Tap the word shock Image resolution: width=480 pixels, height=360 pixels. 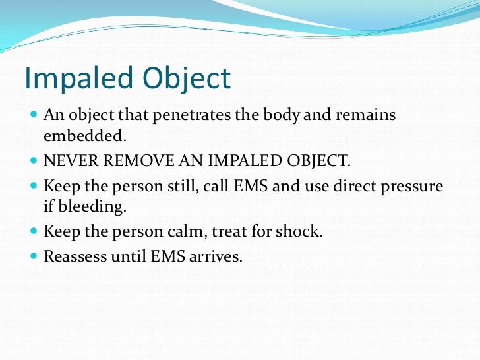pos(302,231)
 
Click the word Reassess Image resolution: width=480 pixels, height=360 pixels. pos(73,256)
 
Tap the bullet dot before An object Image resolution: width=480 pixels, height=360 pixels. pos(34,115)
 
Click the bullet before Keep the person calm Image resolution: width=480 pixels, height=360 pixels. pos(34,231)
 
